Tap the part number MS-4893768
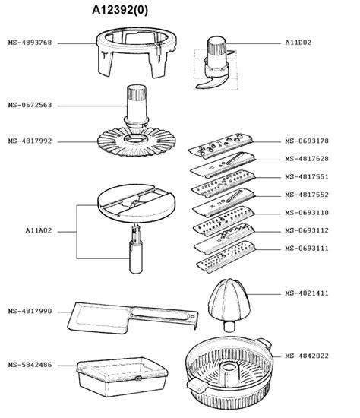point(30,43)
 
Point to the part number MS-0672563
point(30,105)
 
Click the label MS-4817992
point(30,141)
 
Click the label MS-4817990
point(30,310)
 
